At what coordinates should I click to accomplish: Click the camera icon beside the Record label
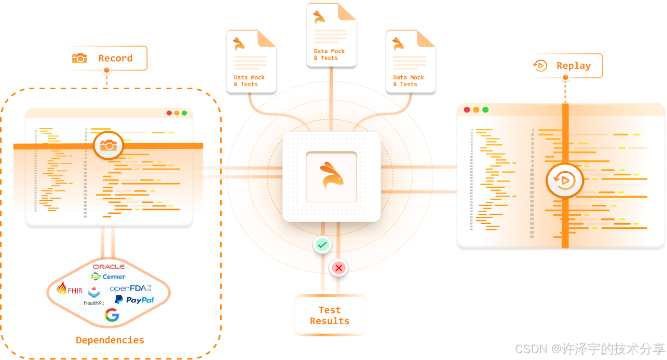(x=79, y=58)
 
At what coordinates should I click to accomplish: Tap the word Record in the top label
(x=115, y=58)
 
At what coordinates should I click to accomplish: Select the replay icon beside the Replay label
(x=540, y=66)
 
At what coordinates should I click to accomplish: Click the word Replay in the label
(x=574, y=66)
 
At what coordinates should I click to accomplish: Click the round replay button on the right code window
(x=565, y=181)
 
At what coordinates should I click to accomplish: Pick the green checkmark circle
(x=322, y=244)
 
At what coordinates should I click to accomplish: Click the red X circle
(x=339, y=268)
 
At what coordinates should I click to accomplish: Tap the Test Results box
(x=330, y=315)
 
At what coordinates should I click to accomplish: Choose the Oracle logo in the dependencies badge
(x=108, y=267)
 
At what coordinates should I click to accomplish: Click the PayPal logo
(x=134, y=300)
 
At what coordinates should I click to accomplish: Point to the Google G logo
(x=112, y=315)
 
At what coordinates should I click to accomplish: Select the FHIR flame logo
(x=69, y=289)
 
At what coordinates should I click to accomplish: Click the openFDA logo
(x=130, y=288)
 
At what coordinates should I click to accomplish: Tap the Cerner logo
(x=108, y=276)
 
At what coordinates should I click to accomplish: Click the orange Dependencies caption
(x=110, y=340)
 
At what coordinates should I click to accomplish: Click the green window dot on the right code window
(x=485, y=109)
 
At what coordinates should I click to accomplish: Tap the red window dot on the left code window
(x=169, y=113)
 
